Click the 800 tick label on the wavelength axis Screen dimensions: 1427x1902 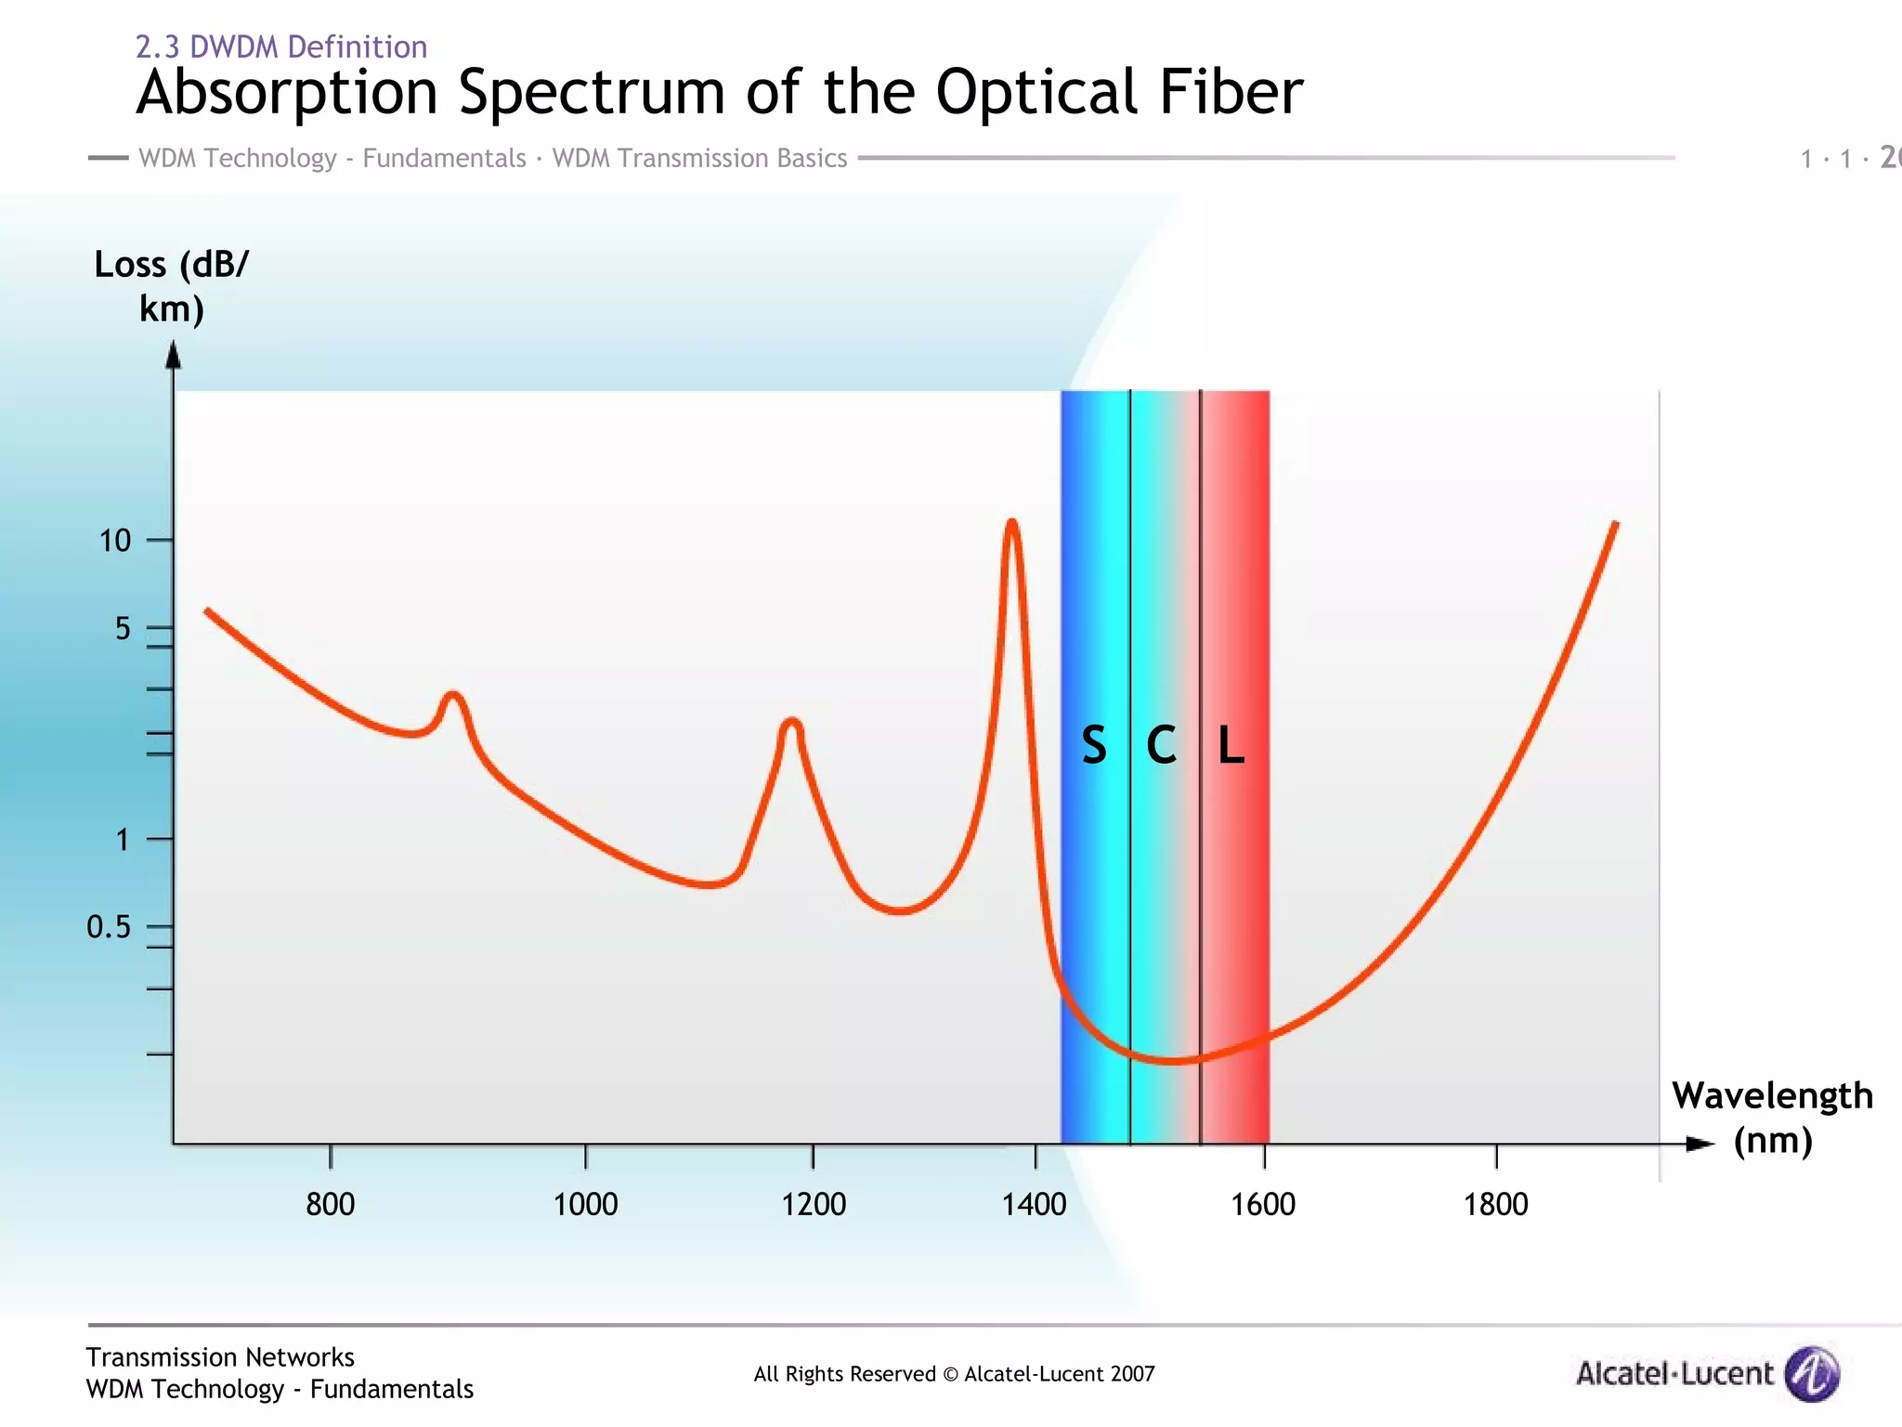coord(331,1204)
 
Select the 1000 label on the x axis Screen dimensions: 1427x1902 coord(585,1204)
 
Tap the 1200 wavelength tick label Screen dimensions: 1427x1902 coord(814,1204)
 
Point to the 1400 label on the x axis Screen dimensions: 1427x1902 coord(1034,1204)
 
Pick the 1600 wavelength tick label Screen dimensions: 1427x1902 coord(1263,1204)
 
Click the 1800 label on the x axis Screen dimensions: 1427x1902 coord(1495,1204)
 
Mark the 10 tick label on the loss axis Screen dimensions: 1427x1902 coord(115,540)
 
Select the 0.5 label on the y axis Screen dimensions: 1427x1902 coord(109,926)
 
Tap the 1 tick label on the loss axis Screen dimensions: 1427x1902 coord(122,840)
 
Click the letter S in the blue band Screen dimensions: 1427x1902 coord(1094,745)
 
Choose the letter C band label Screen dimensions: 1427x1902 coord(1161,745)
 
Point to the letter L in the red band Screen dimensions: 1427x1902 coord(1231,745)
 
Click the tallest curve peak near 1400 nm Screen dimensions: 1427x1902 coord(1011,522)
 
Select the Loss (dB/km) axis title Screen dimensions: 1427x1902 coord(172,286)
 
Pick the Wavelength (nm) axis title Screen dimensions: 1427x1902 coord(1772,1118)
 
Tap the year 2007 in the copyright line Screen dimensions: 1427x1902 coord(1130,1374)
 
